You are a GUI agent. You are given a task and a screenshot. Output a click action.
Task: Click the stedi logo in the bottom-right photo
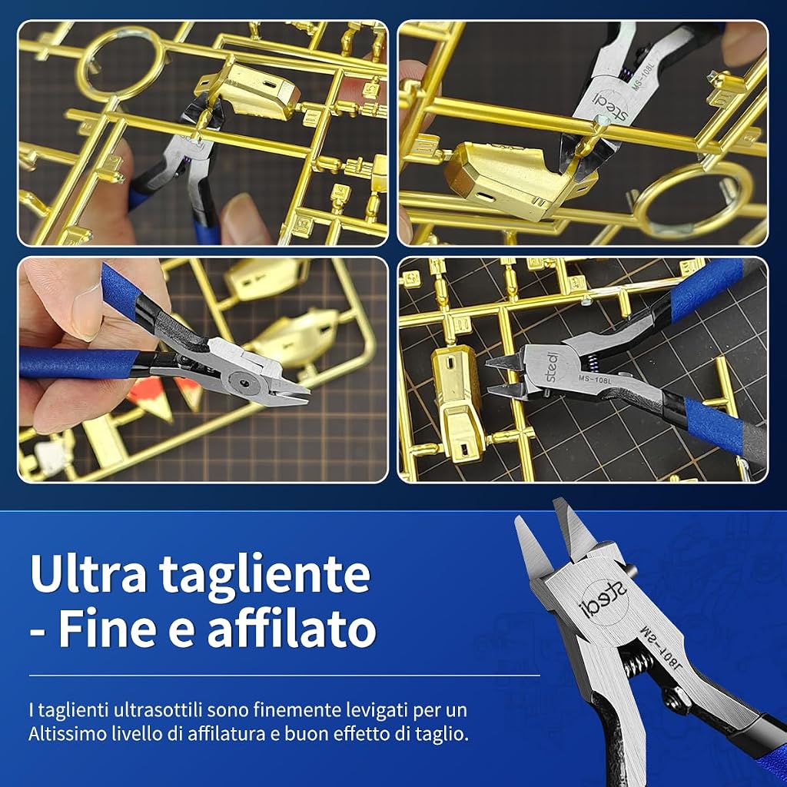click(552, 367)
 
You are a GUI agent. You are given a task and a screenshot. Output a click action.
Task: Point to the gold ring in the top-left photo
click(121, 64)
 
